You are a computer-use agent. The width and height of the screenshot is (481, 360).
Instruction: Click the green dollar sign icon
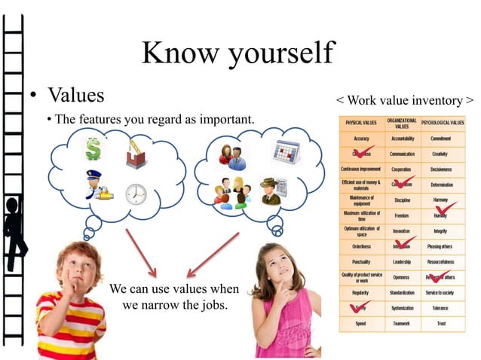tap(93, 148)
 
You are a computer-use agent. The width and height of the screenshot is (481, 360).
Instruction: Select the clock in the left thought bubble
tap(136, 194)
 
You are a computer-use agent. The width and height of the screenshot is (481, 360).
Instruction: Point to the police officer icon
tap(96, 185)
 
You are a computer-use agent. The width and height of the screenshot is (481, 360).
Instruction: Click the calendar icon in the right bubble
tap(286, 154)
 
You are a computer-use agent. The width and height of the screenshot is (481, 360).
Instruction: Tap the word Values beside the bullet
tap(76, 96)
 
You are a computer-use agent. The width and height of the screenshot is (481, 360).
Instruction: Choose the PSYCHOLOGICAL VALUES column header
tap(443, 121)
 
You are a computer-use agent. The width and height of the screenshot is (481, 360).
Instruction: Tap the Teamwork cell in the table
tap(401, 323)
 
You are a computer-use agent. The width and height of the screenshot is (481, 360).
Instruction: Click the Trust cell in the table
tap(442, 323)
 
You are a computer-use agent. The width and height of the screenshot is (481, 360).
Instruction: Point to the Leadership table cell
tap(401, 261)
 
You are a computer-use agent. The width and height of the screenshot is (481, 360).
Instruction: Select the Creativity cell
tap(442, 154)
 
